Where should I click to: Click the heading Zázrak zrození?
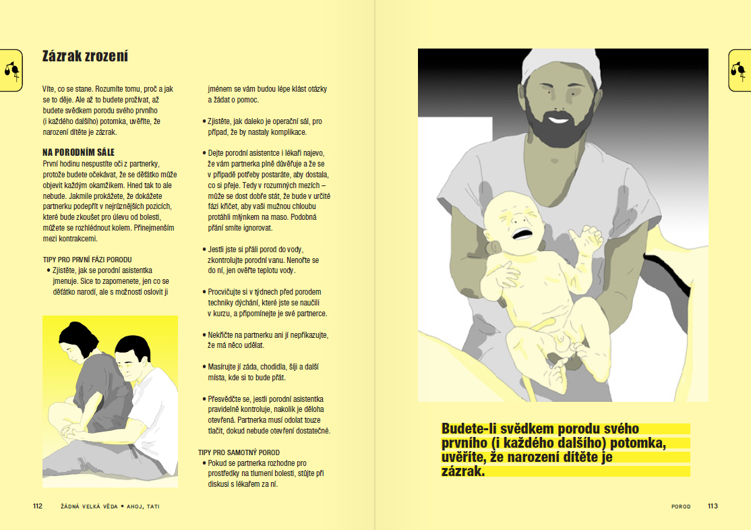pyautogui.click(x=85, y=57)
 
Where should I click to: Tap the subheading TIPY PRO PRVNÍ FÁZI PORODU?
pyautogui.click(x=87, y=259)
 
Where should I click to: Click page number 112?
pyautogui.click(x=38, y=506)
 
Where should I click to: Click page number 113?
pyautogui.click(x=713, y=506)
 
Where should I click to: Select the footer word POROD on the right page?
pyautogui.click(x=681, y=506)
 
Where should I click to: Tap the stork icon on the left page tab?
pyautogui.click(x=11, y=70)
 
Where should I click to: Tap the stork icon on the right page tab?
pyautogui.click(x=739, y=69)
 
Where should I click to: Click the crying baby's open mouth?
pyautogui.click(x=522, y=233)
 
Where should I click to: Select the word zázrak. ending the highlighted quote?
pyautogui.click(x=462, y=471)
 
